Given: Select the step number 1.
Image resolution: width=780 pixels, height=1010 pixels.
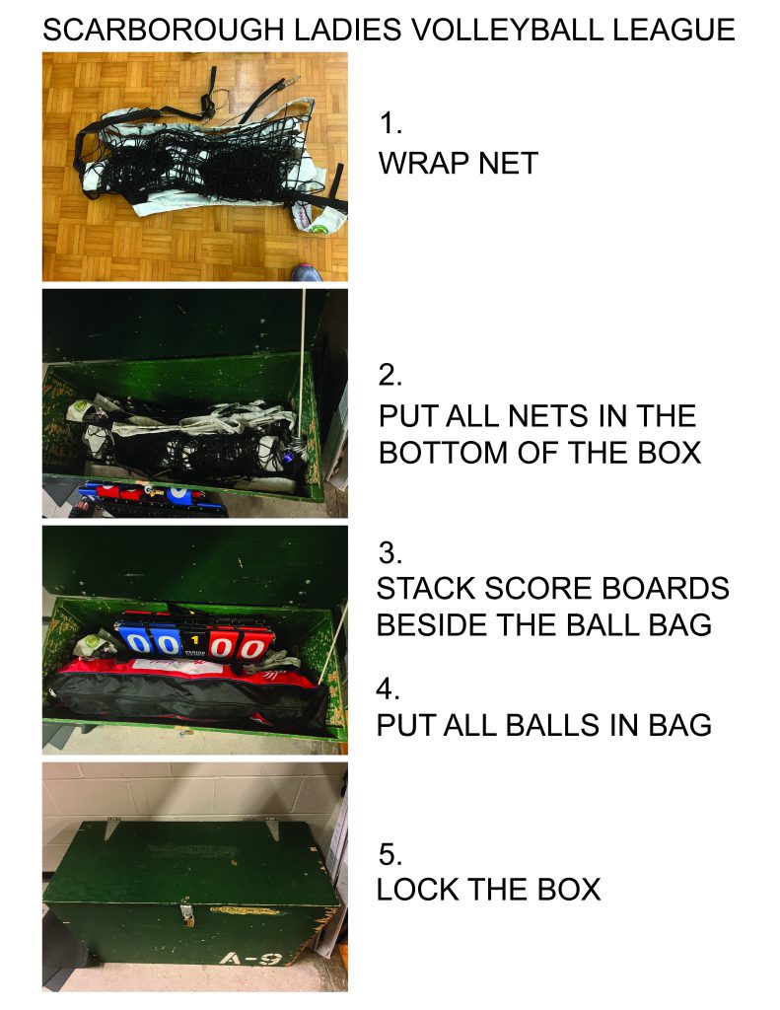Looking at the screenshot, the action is point(390,123).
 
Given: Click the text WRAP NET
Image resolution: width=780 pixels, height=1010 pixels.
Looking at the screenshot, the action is point(458,163).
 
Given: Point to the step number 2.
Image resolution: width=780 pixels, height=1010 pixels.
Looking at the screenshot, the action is point(390,375).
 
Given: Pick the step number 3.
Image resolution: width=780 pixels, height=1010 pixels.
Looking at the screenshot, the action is point(390,552).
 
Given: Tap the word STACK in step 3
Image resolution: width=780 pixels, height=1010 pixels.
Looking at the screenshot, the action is point(425,589).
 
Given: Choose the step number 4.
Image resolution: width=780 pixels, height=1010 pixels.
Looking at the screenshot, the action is point(388,689).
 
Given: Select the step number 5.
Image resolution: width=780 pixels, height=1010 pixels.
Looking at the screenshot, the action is point(390,854).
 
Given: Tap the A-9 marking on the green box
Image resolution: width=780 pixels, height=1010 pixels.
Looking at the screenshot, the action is point(249,960).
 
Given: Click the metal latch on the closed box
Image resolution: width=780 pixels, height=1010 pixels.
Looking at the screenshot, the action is point(187,915).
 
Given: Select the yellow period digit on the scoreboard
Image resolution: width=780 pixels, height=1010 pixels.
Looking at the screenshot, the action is point(194,639).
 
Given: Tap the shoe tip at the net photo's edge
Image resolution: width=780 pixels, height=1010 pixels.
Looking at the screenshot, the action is point(308,272).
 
